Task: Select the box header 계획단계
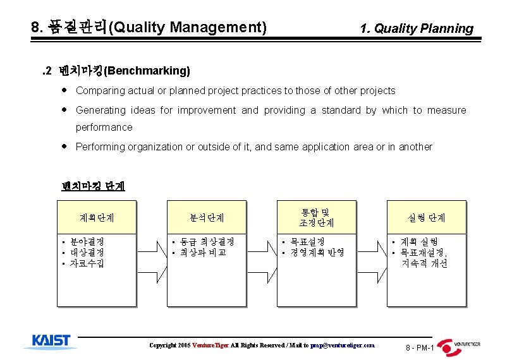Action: pos(97,217)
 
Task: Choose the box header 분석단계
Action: pos(207,217)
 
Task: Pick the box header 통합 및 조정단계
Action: pos(316,217)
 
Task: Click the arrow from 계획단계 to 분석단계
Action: pos(152,253)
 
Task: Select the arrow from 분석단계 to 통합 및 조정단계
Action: pos(262,253)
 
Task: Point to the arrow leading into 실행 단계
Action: pos(372,253)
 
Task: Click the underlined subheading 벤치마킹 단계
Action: pos(93,186)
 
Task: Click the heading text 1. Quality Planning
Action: pos(416,28)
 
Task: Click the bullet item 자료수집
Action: pos(87,263)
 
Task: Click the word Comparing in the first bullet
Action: pos(98,91)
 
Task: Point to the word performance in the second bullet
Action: pos(104,127)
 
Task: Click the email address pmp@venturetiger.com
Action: pos(343,345)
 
